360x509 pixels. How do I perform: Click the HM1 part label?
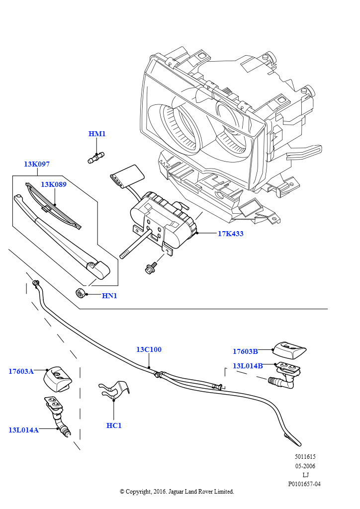[97, 134]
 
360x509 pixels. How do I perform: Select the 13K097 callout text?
[37, 164]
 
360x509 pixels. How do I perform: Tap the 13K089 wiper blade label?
[54, 184]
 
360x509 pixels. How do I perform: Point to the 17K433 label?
[231, 234]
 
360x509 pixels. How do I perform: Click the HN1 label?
[109, 296]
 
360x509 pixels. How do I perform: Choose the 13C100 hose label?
[149, 349]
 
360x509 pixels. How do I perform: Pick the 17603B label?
[246, 351]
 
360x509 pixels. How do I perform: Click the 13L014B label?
[248, 366]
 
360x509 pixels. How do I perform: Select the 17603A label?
[21, 371]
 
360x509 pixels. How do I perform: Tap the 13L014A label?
[23, 430]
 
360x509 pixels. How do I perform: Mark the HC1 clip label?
[114, 425]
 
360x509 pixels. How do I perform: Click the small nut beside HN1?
[80, 293]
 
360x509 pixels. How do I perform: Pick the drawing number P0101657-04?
[304, 484]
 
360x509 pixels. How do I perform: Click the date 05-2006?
[305, 466]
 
